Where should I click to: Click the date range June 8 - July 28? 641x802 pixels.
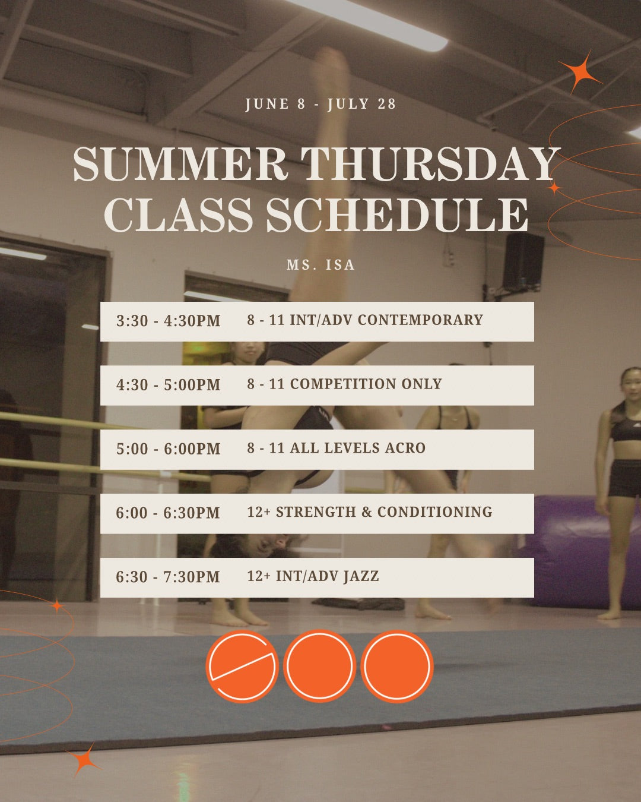coord(320,104)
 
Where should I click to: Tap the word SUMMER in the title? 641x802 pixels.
coord(180,163)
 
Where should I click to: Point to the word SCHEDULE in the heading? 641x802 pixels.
coord(396,214)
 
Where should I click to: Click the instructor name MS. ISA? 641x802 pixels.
coord(320,264)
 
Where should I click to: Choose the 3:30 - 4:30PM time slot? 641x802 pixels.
coord(169,321)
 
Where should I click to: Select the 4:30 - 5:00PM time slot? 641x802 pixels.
coord(169,385)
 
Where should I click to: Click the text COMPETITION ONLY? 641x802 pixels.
coord(366,384)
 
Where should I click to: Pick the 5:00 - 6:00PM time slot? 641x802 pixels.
coord(169,449)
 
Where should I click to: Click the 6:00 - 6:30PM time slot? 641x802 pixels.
coord(168,513)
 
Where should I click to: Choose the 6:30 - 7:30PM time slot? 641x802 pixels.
coord(168,577)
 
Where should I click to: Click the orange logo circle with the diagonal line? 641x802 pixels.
coord(242,665)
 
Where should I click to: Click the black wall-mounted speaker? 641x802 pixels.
coord(523,261)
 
